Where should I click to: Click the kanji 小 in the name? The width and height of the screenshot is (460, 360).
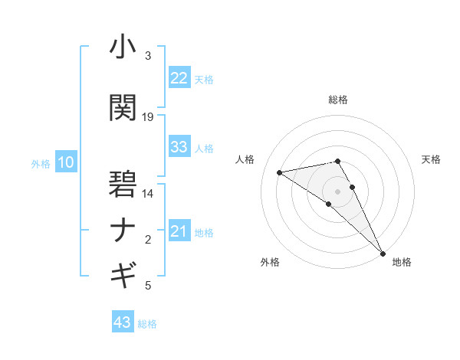(123, 47)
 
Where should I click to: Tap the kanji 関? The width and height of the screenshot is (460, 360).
(123, 107)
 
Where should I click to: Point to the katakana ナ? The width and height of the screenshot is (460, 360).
(123, 231)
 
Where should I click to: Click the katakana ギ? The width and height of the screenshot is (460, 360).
(123, 273)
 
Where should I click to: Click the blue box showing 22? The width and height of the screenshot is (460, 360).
(179, 78)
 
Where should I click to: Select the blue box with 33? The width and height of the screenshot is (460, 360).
(179, 147)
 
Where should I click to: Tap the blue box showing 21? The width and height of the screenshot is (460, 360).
(179, 231)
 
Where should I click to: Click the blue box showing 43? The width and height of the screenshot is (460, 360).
(122, 322)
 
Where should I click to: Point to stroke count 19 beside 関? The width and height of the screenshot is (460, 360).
(148, 117)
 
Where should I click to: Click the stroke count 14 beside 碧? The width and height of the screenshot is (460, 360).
(148, 194)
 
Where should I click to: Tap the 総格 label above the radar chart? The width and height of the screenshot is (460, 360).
(338, 100)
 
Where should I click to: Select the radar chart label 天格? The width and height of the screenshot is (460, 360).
(431, 159)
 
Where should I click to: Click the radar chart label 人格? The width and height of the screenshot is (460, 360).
(245, 159)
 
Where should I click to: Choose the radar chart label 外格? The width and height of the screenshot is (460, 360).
(270, 263)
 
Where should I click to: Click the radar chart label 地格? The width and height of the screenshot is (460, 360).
(402, 263)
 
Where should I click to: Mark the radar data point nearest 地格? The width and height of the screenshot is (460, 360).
(383, 253)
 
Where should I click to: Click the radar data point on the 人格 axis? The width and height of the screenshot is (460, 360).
(280, 172)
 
